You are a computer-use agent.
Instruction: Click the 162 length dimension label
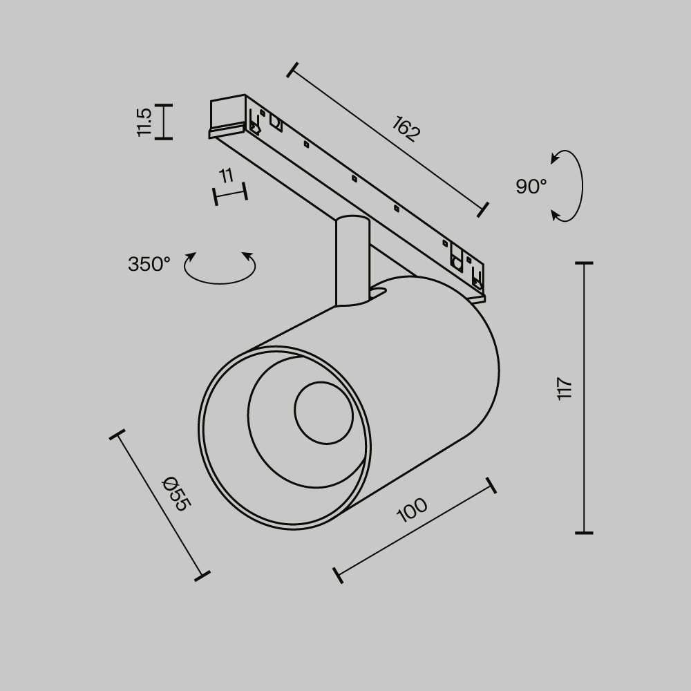(x=406, y=129)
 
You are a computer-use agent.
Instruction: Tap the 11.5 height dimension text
(x=144, y=122)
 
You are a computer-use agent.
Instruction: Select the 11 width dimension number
(x=226, y=176)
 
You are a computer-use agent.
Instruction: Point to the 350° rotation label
(x=149, y=264)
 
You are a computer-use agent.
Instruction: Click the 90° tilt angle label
(x=531, y=187)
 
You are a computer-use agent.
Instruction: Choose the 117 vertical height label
(x=565, y=389)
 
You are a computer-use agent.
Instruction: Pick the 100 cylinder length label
(x=413, y=510)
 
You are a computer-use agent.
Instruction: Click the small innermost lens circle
(x=323, y=412)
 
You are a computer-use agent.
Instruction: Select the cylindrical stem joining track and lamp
(x=352, y=261)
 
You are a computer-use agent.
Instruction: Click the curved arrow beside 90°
(x=569, y=186)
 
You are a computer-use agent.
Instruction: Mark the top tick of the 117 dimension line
(x=584, y=263)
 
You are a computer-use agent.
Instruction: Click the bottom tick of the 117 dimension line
(x=584, y=533)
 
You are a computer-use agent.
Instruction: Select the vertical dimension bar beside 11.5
(x=163, y=122)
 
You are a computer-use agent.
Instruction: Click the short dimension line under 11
(x=231, y=194)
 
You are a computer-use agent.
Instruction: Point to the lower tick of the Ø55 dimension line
(x=202, y=575)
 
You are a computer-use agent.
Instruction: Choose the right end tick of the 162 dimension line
(x=483, y=209)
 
